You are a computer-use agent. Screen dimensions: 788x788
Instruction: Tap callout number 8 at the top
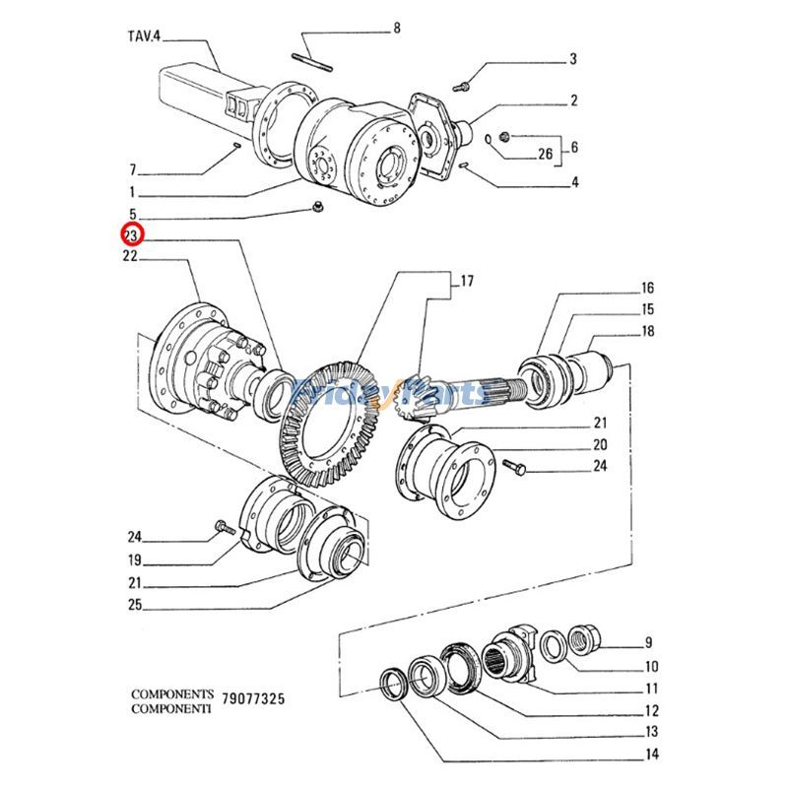click(397, 28)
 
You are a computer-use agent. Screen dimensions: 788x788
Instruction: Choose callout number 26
click(545, 153)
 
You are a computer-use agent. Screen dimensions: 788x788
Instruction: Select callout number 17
click(467, 282)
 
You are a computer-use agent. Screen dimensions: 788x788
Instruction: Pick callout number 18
click(647, 332)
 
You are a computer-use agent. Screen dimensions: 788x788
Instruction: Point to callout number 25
click(133, 604)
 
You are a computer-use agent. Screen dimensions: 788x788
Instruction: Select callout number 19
click(133, 559)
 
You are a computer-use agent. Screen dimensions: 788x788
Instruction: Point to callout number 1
click(131, 193)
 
